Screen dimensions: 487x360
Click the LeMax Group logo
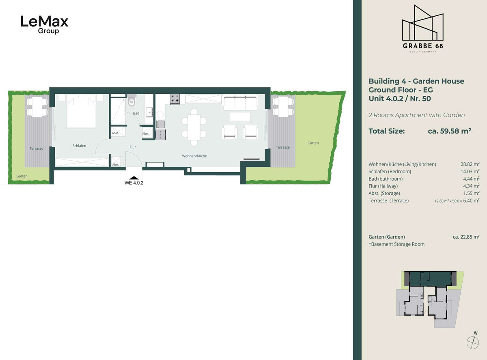coord(44,25)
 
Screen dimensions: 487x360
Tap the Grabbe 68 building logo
coord(422,28)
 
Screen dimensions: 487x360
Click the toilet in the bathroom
coord(131,100)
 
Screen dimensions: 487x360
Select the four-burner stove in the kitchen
coord(175,99)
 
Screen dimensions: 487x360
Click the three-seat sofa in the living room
coord(240,103)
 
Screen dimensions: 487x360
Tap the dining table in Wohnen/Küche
coord(194,127)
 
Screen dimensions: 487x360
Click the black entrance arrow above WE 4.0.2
coord(134,178)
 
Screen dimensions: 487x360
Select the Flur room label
coord(133,147)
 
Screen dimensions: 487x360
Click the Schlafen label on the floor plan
coord(79,146)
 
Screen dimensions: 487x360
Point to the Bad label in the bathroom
coord(136,113)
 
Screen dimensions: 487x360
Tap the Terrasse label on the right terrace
coord(283,147)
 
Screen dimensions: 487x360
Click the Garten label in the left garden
coord(22,176)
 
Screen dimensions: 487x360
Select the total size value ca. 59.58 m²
coord(449,131)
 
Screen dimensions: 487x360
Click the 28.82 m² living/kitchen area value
coord(470,164)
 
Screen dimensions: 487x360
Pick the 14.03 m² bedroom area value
coord(470,171)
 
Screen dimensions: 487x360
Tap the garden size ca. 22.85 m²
coord(466,237)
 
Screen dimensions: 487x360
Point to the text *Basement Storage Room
coord(396,244)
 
